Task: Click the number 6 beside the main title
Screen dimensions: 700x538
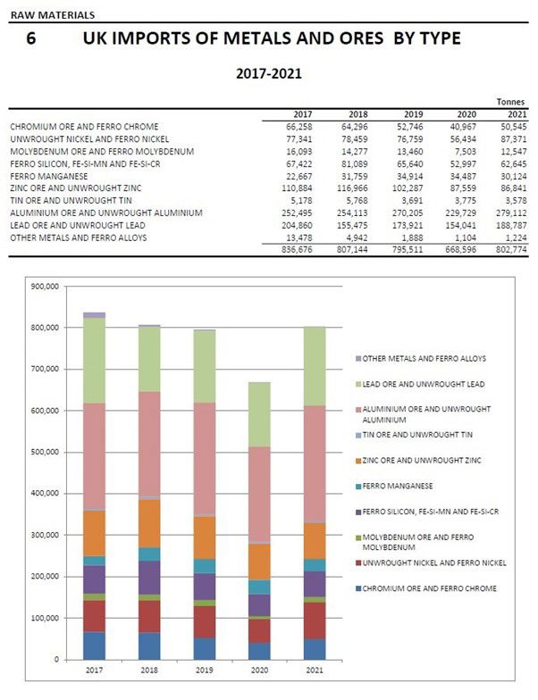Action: [32, 41]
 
